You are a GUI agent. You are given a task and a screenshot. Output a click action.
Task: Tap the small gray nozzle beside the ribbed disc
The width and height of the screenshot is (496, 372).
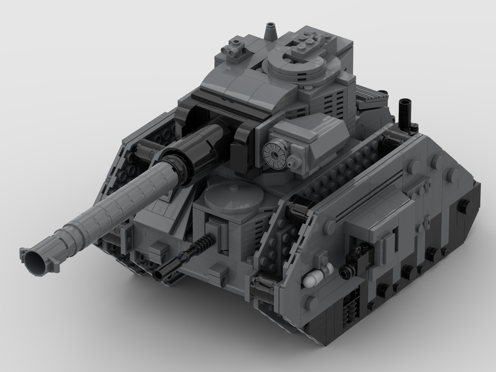pyautogui.click(x=296, y=161)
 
